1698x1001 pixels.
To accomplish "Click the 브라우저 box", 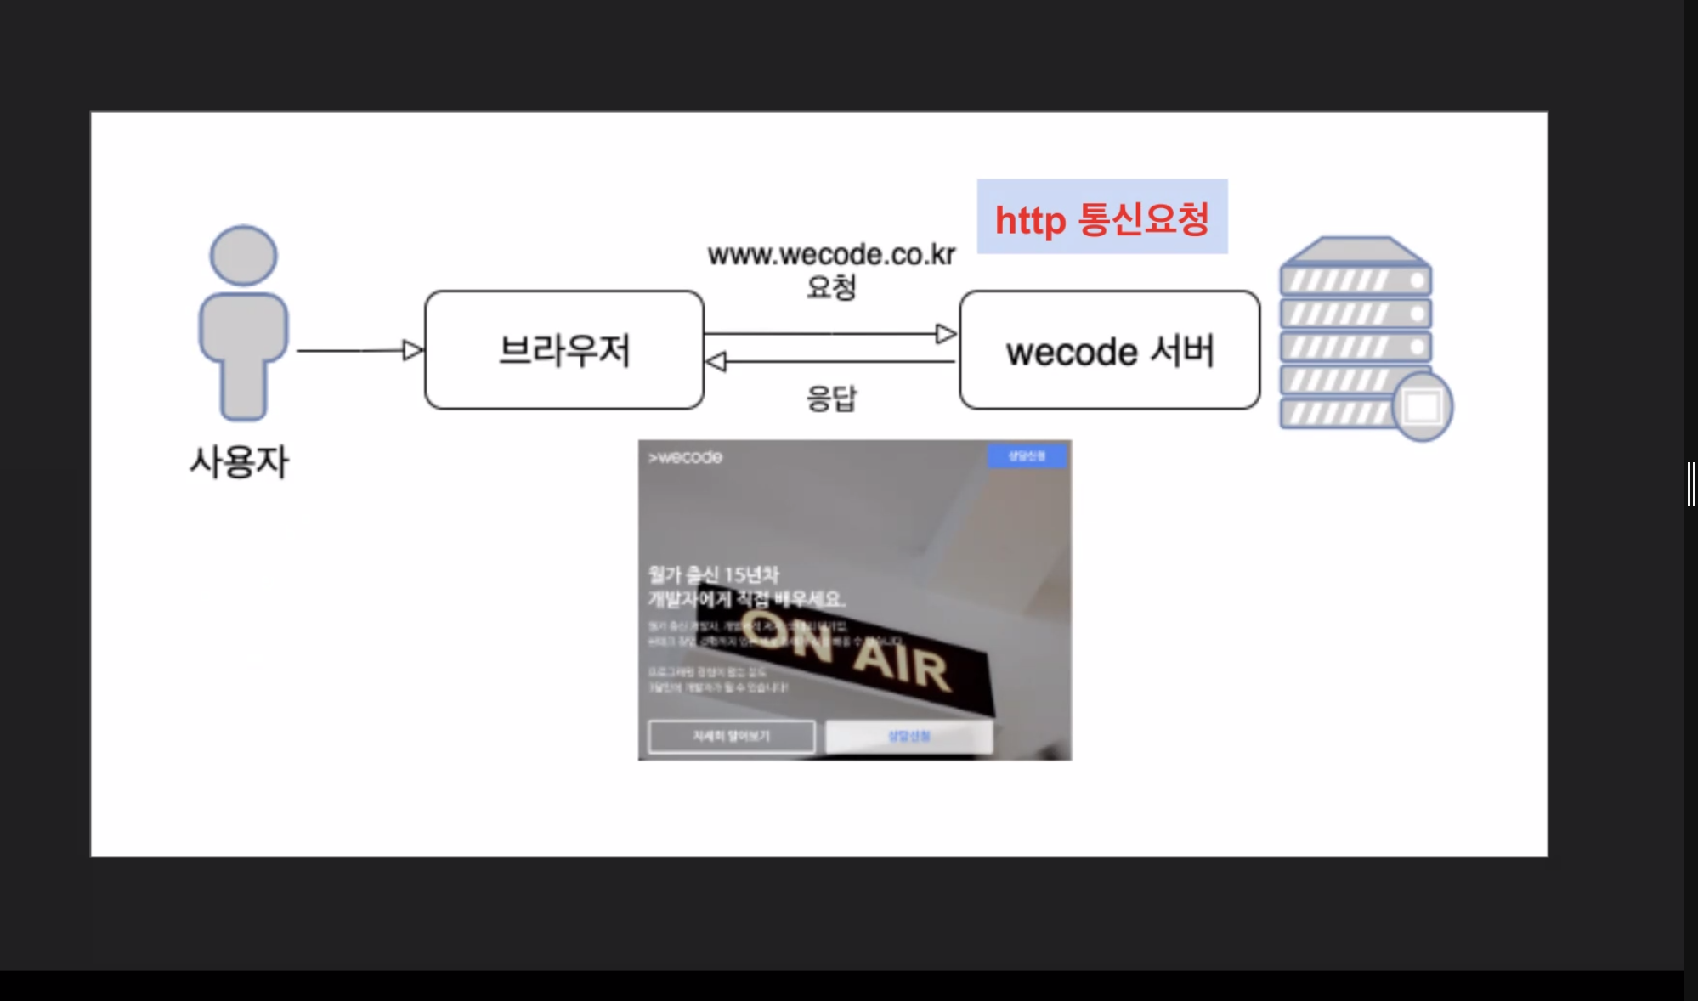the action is click(564, 350).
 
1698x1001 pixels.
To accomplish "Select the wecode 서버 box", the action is click(1109, 350).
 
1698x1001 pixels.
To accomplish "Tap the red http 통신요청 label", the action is click(1101, 218).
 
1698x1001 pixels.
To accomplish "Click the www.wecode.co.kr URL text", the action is click(831, 254).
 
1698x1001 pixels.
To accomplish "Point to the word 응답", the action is click(831, 398).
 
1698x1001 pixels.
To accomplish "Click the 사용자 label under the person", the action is click(239, 462).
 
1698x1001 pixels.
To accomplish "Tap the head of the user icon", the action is click(243, 255).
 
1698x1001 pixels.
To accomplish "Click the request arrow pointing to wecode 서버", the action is click(829, 334).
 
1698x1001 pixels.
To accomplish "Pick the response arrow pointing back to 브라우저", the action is click(829, 362).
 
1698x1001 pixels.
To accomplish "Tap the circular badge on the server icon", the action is click(1423, 406).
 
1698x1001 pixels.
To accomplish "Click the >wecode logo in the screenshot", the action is click(685, 457).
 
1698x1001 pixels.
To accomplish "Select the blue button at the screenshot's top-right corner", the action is click(1027, 456).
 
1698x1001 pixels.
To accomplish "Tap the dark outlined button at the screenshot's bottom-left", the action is click(731, 736).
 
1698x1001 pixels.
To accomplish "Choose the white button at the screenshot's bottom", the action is click(908, 736).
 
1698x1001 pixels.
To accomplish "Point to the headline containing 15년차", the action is click(714, 575).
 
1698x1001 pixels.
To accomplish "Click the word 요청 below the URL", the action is click(831, 287).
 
